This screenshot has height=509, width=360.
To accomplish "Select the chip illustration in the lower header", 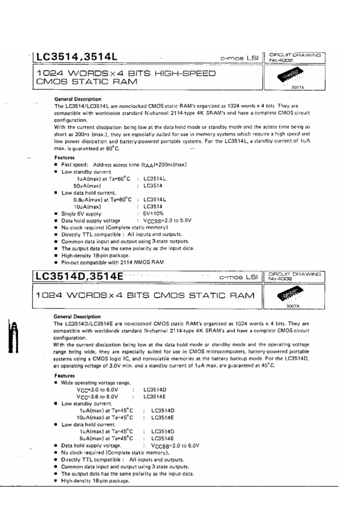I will [293, 296].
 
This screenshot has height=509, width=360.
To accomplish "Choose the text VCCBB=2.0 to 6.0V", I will [175, 446].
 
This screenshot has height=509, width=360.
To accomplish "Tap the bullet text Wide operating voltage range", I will [95, 382].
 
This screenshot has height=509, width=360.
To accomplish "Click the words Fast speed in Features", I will [75, 164].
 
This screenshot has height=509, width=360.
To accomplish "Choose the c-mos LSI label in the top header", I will [239, 58].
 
